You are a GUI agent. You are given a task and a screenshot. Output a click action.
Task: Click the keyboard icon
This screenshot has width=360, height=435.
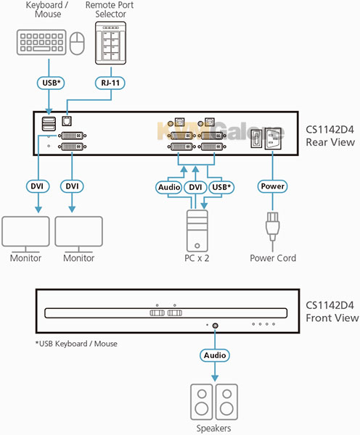(x=41, y=42)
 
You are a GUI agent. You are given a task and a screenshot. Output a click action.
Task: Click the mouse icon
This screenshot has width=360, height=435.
(x=77, y=43)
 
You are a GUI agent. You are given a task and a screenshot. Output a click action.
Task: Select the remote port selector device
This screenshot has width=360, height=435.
(x=110, y=43)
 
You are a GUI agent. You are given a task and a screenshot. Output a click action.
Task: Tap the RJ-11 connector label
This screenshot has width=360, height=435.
(x=110, y=83)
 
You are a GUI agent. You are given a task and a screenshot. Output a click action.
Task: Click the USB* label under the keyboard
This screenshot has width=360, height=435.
(x=51, y=83)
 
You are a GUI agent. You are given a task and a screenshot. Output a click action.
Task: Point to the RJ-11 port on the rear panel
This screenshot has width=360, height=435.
(x=67, y=121)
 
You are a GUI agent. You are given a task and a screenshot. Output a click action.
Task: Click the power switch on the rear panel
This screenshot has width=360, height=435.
(x=256, y=138)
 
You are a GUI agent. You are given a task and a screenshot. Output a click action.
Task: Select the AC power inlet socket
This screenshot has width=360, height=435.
(x=273, y=138)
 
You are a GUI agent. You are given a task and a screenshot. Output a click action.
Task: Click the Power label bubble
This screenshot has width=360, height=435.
(x=272, y=186)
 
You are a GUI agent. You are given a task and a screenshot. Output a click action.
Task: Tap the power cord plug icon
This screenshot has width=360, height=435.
(x=272, y=227)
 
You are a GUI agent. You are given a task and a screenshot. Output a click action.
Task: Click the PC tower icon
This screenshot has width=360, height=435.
(x=197, y=231)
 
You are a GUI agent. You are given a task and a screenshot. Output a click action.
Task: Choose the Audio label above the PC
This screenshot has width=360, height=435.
(x=169, y=187)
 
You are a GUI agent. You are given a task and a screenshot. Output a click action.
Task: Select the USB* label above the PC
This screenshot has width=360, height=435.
(x=221, y=187)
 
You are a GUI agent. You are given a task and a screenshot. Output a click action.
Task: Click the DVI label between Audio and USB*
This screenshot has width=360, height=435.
(x=195, y=187)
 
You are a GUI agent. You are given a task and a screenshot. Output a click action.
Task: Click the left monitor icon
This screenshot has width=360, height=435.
(x=26, y=234)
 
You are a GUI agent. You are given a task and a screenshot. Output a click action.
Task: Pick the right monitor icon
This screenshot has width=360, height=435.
(x=79, y=234)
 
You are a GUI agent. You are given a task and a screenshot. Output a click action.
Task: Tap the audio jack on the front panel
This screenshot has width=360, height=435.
(x=215, y=326)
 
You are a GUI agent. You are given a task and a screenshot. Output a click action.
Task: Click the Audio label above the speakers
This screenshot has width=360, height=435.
(x=215, y=355)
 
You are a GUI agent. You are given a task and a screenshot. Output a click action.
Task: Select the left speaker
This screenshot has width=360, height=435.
(x=202, y=402)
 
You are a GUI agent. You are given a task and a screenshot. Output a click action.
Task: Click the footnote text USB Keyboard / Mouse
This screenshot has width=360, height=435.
(x=76, y=344)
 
